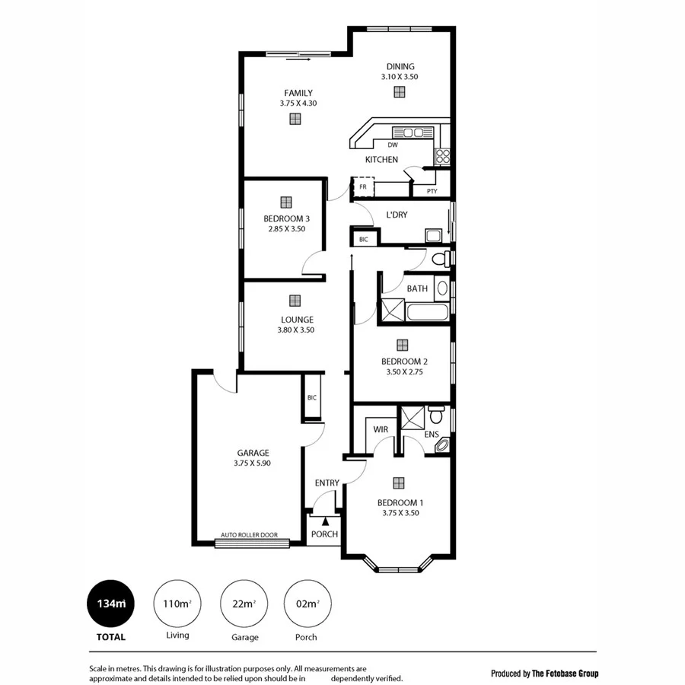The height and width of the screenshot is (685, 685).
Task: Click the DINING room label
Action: coord(400,66)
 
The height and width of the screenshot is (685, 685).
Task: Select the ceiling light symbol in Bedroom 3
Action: coord(286,202)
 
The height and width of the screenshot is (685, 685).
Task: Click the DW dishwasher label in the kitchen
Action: coord(393,145)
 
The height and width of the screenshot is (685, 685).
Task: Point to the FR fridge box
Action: coord(363,186)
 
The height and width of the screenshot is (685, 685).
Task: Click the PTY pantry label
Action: coord(432,191)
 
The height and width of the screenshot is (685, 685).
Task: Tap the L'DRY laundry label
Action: coord(397,215)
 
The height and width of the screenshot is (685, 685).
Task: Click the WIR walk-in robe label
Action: coord(381,429)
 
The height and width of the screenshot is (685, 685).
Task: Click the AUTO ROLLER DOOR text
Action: coord(249,535)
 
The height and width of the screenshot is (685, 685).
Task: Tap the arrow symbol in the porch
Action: coord(325,521)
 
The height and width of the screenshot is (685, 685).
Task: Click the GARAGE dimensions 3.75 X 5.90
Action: coord(252,463)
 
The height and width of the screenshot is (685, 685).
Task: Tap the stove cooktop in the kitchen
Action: coord(442,156)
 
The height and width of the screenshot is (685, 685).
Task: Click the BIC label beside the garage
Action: coord(312,397)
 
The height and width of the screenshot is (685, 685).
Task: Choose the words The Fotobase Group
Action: coord(566,674)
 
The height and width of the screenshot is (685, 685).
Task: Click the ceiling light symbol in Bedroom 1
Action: coord(399,483)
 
